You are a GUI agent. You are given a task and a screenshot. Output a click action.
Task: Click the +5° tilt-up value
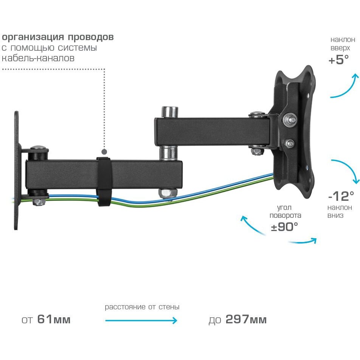click(339, 59)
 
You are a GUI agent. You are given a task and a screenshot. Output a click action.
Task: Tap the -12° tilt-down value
click(341, 196)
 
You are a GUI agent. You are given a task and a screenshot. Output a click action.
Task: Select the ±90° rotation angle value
click(284, 227)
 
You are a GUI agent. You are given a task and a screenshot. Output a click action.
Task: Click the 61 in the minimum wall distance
click(45, 319)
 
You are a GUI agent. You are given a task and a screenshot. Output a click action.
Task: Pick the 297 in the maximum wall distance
click(237, 319)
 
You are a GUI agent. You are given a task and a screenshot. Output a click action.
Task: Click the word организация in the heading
click(33, 37)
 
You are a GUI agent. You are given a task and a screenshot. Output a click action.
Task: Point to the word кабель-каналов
click(38, 58)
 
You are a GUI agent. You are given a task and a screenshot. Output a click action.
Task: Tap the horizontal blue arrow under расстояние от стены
click(141, 321)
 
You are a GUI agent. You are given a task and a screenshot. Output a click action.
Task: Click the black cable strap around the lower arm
click(104, 182)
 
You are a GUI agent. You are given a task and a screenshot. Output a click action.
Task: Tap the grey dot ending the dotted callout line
click(104, 152)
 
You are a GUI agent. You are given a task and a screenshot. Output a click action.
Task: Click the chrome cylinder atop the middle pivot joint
click(170, 112)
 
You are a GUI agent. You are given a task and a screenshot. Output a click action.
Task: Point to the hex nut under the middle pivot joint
click(168, 193)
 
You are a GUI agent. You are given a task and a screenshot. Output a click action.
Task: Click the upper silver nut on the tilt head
click(290, 119)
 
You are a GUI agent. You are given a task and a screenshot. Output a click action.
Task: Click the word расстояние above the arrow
click(125, 307)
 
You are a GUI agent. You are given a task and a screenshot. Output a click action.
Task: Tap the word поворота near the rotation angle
click(285, 216)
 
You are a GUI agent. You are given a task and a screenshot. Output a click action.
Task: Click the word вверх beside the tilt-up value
click(340, 48)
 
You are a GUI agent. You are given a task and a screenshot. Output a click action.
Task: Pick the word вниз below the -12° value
click(335, 216)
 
